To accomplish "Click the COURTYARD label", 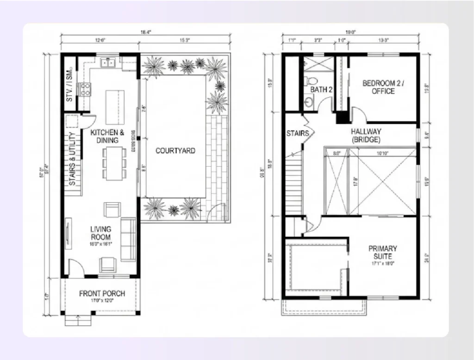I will [175, 151].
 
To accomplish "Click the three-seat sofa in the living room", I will [128, 239].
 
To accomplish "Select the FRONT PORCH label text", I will [101, 293].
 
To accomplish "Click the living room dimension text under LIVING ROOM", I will [100, 243].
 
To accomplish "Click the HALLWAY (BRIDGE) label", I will [366, 135].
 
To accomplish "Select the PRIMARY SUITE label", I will [383, 252].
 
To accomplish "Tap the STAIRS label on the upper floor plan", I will [294, 133].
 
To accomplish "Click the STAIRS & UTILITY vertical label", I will [72, 159].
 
